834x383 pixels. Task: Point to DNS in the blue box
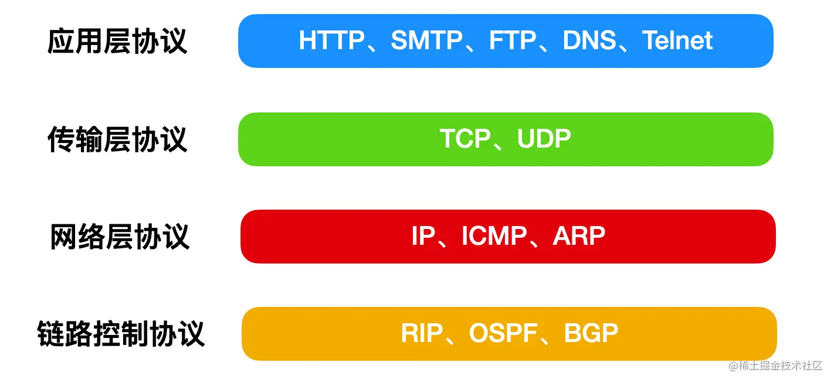(x=589, y=41)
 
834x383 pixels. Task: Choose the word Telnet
(x=677, y=41)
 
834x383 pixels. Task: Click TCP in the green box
(x=465, y=139)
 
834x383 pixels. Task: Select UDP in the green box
(x=544, y=139)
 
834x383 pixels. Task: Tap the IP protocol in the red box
(x=423, y=236)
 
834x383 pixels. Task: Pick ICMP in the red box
(x=494, y=236)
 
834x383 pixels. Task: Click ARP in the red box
(x=579, y=236)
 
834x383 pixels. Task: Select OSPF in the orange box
(x=503, y=333)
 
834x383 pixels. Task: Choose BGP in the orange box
(x=591, y=333)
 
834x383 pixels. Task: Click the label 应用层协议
(x=117, y=42)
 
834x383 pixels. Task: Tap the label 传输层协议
(x=117, y=140)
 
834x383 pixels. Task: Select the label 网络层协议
(x=120, y=237)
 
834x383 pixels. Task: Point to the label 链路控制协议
(x=121, y=334)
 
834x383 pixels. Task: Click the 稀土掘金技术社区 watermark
(x=780, y=366)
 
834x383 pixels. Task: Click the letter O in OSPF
(x=479, y=333)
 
